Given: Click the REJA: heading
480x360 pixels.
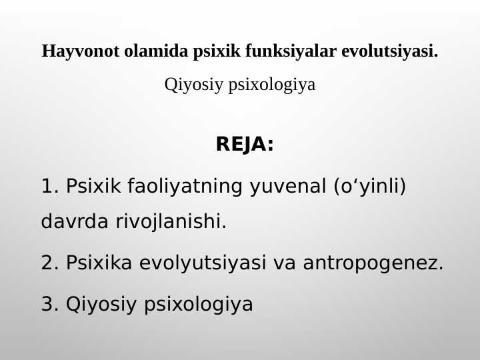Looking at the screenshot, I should point(245,145).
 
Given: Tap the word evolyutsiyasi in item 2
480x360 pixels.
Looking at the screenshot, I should point(203,263).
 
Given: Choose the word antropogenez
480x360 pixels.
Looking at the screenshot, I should point(373,263).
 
